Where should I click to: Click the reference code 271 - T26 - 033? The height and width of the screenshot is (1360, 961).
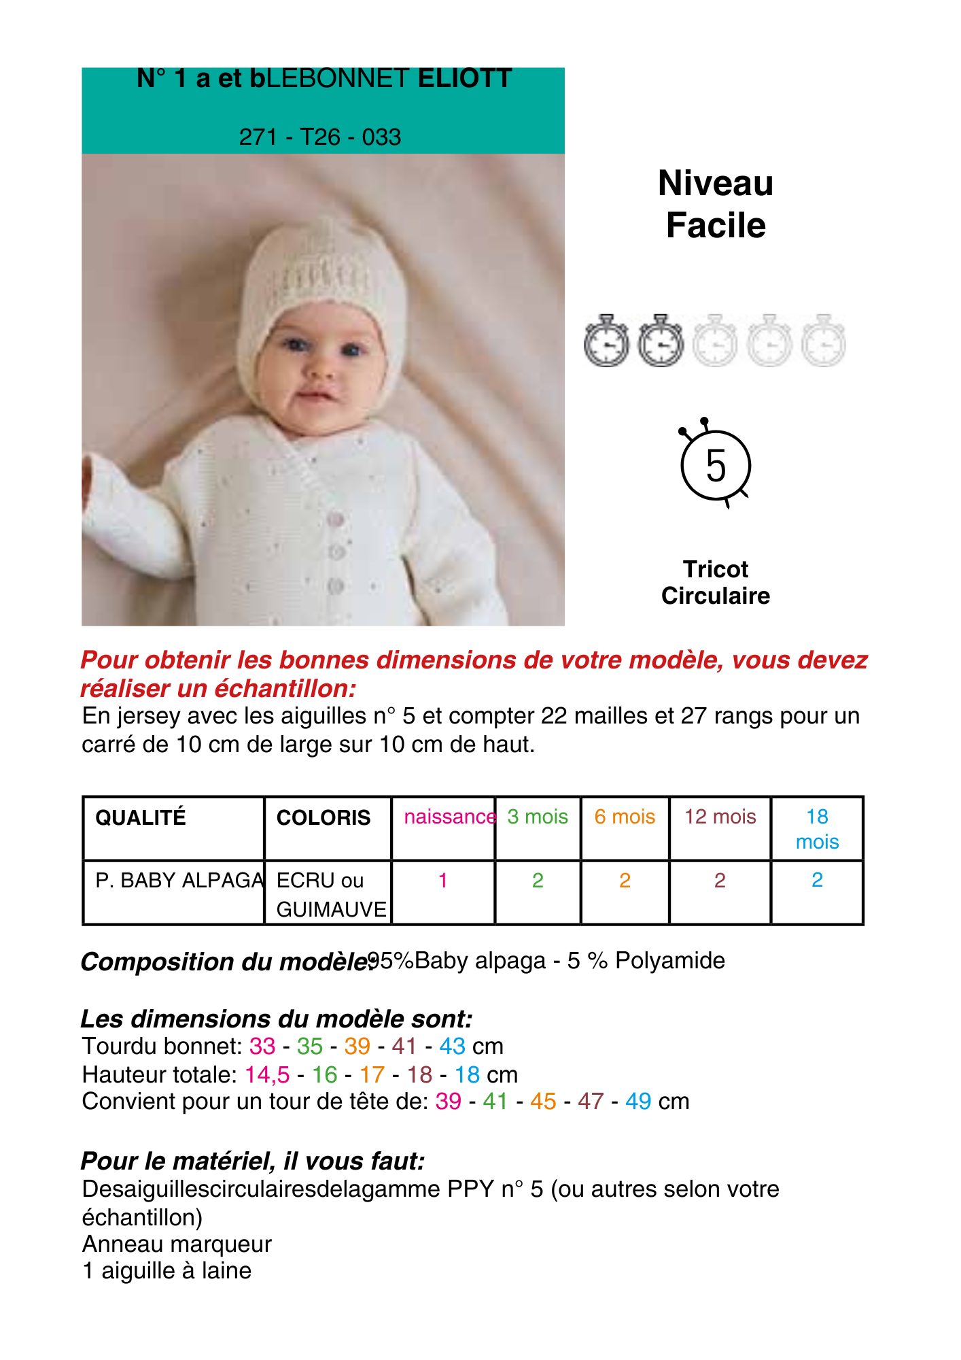click(x=319, y=137)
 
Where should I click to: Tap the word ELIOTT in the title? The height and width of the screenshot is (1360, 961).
click(x=465, y=79)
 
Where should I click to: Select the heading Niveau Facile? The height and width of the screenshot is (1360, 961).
click(x=716, y=204)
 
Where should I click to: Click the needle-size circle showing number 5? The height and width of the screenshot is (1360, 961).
click(x=716, y=466)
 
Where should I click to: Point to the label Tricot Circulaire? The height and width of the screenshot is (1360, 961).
click(x=716, y=582)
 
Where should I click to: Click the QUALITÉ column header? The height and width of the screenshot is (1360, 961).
click(x=141, y=817)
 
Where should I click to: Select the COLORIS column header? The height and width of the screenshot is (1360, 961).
click(x=324, y=817)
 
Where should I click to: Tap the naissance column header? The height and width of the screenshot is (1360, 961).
click(x=449, y=817)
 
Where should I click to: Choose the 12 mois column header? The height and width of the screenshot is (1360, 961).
click(x=720, y=817)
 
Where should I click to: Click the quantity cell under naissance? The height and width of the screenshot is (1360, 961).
click(x=443, y=881)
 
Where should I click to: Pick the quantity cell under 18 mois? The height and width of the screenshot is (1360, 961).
click(x=817, y=880)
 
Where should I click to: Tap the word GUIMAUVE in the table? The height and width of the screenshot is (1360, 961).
click(x=332, y=909)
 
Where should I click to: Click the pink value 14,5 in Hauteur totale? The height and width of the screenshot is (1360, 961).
click(x=267, y=1074)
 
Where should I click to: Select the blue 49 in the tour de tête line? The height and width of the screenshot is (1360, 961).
click(x=638, y=1102)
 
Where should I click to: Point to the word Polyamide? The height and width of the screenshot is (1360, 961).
click(x=670, y=961)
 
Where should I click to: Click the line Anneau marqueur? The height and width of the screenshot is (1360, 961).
click(x=177, y=1244)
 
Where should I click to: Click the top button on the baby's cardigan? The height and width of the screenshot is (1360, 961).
click(x=335, y=520)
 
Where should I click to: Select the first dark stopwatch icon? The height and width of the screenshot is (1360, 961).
click(x=606, y=341)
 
